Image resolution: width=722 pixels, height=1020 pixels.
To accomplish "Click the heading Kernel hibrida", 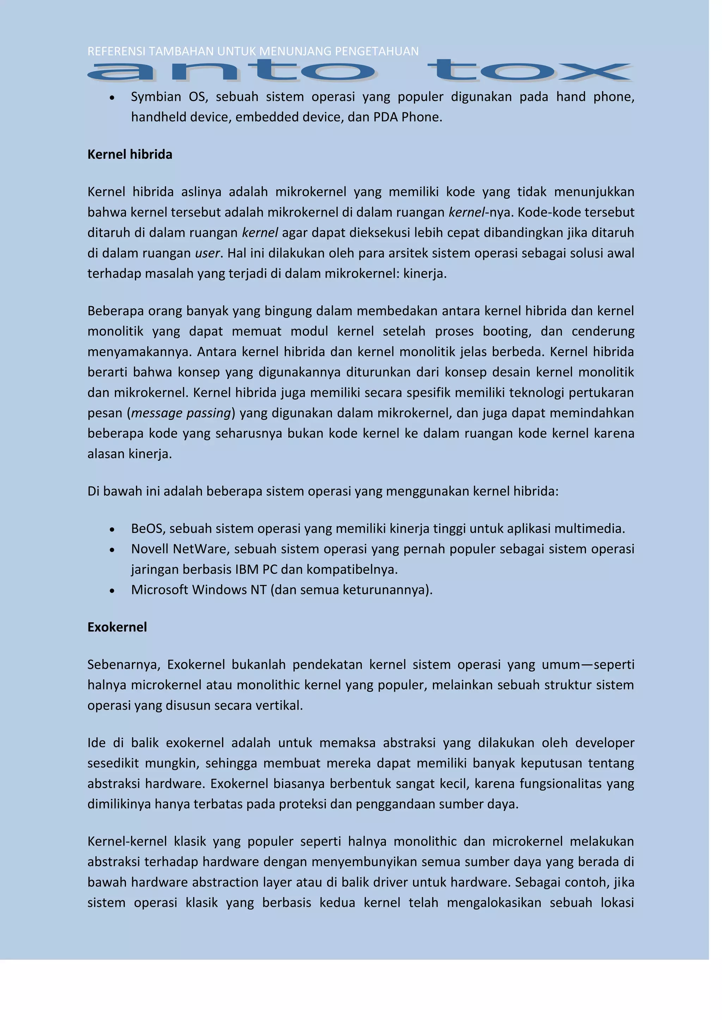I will pyautogui.click(x=130, y=155).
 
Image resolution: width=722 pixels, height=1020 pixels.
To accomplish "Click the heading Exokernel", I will pyautogui.click(x=117, y=627).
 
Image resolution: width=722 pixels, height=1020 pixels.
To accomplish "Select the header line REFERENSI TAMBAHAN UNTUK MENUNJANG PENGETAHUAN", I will pyautogui.click(x=252, y=51).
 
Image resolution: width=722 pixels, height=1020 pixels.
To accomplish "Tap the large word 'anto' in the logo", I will pyautogui.click(x=231, y=71).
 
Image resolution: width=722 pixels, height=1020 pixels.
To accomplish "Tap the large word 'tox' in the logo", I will pyautogui.click(x=529, y=71).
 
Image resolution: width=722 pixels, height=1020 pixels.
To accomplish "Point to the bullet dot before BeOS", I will pyautogui.click(x=112, y=529).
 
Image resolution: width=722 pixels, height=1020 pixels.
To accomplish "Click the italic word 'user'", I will pyautogui.click(x=207, y=253).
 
